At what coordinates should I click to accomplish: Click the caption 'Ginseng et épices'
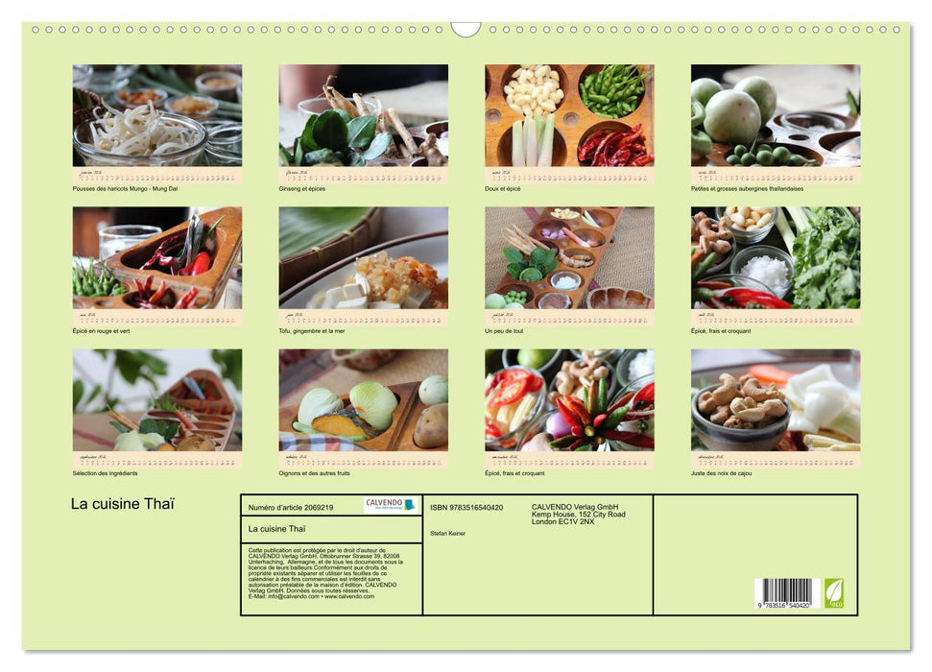coord(302,188)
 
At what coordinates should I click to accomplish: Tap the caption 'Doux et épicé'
coord(504,188)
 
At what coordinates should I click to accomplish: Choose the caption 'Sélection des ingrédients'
coord(106,473)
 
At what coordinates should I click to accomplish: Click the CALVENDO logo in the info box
coord(391,505)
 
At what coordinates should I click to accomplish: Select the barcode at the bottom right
coord(783,591)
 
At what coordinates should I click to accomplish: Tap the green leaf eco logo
coord(834,592)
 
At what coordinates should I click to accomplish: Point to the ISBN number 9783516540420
coord(466,507)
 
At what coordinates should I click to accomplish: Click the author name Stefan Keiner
coord(447,533)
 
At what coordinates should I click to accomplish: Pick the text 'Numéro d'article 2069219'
coord(291,507)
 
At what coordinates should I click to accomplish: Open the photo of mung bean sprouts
coord(157,115)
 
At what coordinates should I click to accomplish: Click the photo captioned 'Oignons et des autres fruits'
coord(363,399)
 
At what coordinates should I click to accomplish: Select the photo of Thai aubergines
coord(775,115)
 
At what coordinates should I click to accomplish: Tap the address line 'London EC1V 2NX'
coord(567,521)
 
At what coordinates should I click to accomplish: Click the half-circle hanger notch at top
coord(466,29)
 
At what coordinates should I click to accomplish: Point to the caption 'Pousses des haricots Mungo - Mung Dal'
coord(125,188)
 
